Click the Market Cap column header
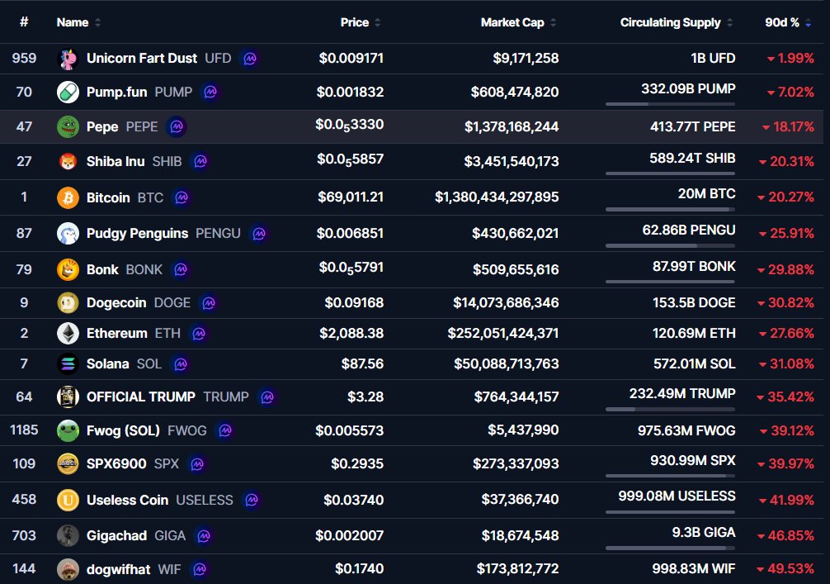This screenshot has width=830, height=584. tap(512, 22)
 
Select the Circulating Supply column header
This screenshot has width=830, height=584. tap(670, 22)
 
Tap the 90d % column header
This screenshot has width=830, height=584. tap(782, 22)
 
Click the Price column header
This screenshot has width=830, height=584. tap(355, 22)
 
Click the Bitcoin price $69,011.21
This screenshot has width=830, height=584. tap(351, 197)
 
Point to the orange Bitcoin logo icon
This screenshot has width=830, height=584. tap(68, 197)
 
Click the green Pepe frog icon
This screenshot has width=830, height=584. tap(68, 126)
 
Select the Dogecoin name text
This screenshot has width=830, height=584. tap(117, 302)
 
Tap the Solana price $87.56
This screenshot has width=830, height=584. tap(362, 363)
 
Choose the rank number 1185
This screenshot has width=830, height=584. tap(24, 430)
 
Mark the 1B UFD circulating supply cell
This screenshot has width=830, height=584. tap(713, 58)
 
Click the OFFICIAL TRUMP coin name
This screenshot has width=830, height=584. tap(141, 396)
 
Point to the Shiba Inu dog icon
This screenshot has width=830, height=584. tap(68, 161)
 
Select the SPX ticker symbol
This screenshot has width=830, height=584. tap(167, 463)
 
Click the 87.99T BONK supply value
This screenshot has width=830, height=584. tap(693, 267)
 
